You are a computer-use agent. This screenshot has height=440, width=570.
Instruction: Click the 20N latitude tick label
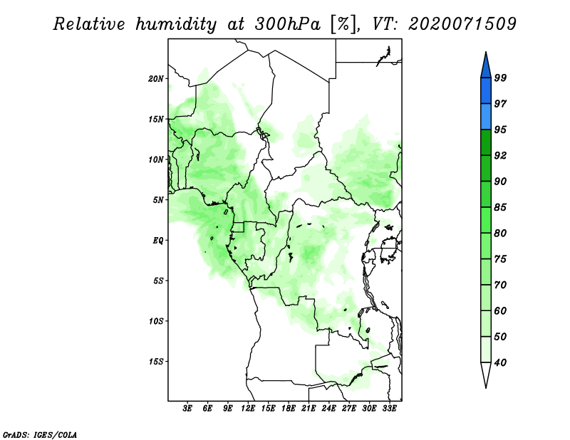click(156, 78)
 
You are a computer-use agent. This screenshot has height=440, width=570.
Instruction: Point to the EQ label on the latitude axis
click(158, 240)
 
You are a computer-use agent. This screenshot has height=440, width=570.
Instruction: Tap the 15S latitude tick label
click(156, 362)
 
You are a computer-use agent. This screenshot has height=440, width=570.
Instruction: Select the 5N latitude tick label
click(158, 200)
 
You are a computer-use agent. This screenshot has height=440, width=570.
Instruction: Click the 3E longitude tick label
click(187, 408)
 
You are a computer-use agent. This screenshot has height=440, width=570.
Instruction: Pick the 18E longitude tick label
click(288, 408)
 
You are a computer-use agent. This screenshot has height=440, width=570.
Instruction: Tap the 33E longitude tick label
click(389, 408)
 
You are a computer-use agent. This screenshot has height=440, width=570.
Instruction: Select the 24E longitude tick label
click(328, 408)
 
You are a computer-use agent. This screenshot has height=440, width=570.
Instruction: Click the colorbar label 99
click(500, 78)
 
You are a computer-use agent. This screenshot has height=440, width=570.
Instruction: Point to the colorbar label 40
click(500, 362)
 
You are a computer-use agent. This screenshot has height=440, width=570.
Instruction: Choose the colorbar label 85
click(500, 207)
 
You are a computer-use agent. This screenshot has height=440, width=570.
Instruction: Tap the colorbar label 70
click(500, 285)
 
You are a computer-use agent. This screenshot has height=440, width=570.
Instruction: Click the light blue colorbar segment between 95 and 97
click(486, 117)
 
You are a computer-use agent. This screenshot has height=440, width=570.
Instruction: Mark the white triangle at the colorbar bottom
click(486, 374)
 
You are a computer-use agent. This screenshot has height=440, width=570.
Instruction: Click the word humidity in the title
click(176, 24)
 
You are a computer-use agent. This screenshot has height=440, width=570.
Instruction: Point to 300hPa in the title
click(288, 24)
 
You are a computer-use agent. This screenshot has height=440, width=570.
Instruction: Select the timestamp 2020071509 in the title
click(462, 24)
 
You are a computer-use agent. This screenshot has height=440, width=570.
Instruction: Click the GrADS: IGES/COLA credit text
click(40, 434)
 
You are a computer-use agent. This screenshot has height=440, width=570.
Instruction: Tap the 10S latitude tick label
click(156, 321)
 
